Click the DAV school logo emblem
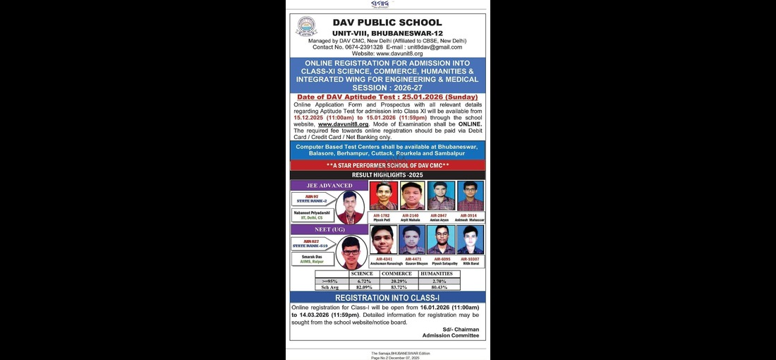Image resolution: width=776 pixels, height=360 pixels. [306, 28]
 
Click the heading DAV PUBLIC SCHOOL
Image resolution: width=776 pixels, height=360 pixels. [387, 23]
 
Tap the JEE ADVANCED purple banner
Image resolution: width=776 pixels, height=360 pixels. [329, 186]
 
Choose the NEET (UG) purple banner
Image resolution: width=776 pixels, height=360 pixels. [329, 229]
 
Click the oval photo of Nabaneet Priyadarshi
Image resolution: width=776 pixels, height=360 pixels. [350, 207]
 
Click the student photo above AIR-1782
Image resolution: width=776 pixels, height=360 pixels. [383, 196]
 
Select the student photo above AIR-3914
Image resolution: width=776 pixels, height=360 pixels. [470, 196]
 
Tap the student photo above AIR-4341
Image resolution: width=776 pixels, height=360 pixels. [384, 239]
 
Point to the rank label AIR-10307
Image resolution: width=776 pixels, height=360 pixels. [470, 259]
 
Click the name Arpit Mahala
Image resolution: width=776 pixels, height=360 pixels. [412, 220]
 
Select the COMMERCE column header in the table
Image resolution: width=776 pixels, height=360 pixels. [396, 274]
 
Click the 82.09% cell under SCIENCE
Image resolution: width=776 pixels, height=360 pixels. [364, 287]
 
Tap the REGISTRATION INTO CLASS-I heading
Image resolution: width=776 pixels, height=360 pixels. [387, 297]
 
